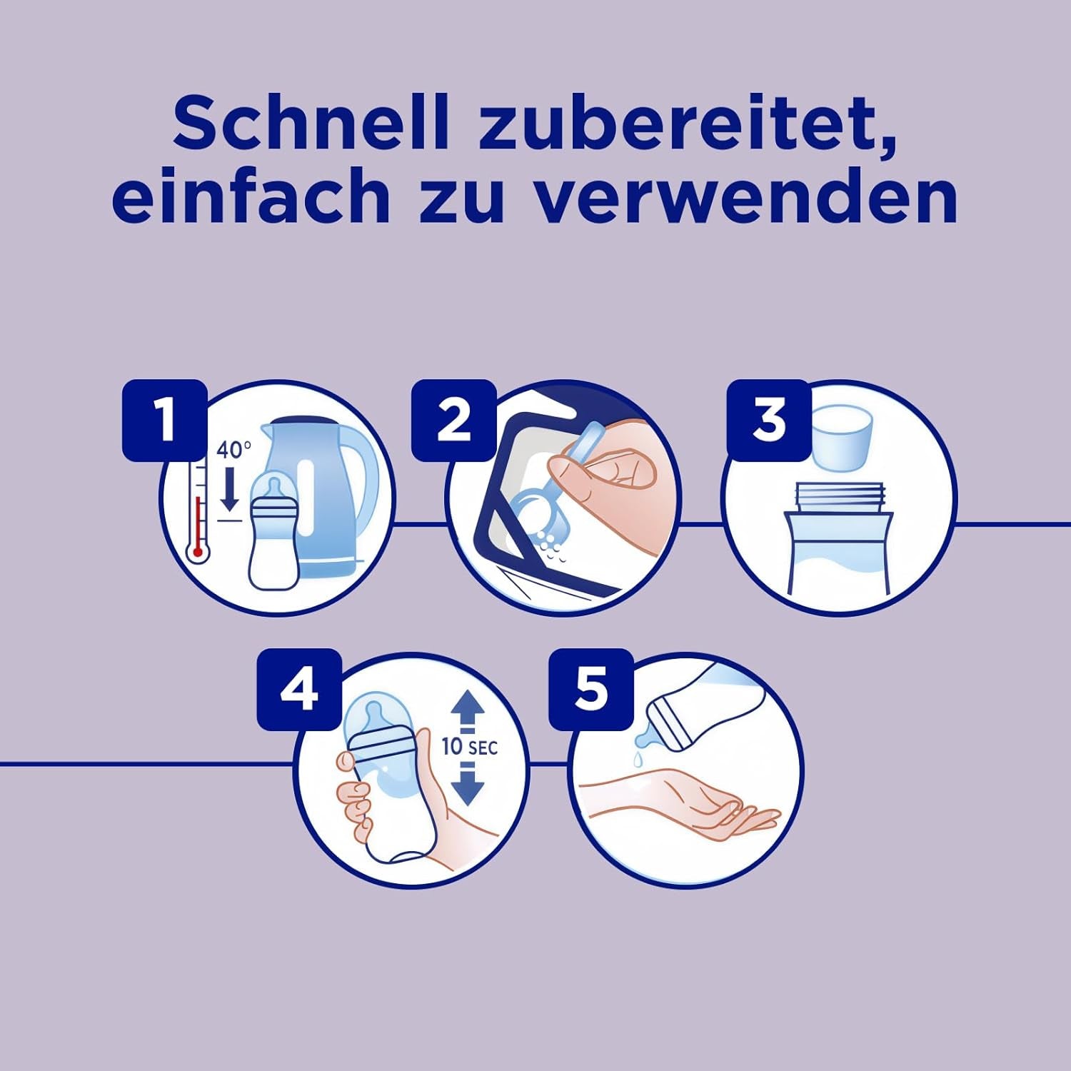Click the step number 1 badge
pos(165,420)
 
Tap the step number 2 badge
pos(453,420)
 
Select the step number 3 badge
pos(769,420)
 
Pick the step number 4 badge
pos(298,690)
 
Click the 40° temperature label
pos(233,451)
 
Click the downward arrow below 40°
pos(229,490)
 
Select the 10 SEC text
pos(469,747)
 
